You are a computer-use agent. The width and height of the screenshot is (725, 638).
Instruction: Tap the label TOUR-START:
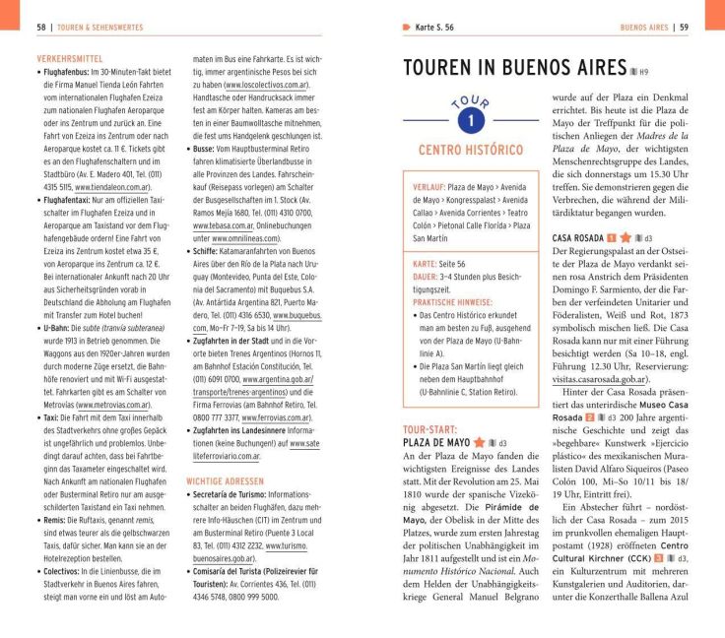[x=429, y=429]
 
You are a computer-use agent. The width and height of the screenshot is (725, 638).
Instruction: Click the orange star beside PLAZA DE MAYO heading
[x=479, y=443]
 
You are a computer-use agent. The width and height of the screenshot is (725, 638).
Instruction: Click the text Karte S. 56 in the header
[x=438, y=27]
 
